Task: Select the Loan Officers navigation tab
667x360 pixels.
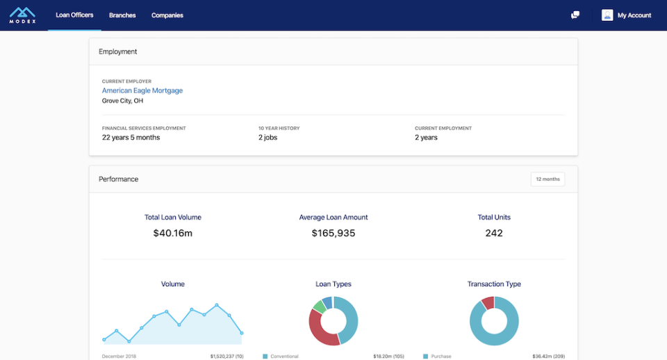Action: pyautogui.click(x=74, y=15)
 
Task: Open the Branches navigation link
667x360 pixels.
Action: pyautogui.click(x=122, y=15)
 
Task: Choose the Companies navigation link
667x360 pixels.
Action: pyautogui.click(x=167, y=15)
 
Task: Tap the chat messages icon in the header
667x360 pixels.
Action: pyautogui.click(x=575, y=15)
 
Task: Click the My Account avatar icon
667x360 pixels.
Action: pyautogui.click(x=607, y=15)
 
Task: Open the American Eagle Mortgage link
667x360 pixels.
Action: pyautogui.click(x=142, y=90)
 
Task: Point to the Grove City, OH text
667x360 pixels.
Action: pyautogui.click(x=123, y=101)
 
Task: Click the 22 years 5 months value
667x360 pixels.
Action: pyautogui.click(x=131, y=138)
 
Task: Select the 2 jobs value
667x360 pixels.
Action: pyautogui.click(x=267, y=138)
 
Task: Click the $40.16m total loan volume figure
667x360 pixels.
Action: pyautogui.click(x=173, y=234)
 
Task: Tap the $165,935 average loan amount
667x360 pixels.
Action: pyautogui.click(x=333, y=234)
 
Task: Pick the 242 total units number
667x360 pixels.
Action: pyautogui.click(x=494, y=234)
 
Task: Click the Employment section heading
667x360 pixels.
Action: pyautogui.click(x=118, y=51)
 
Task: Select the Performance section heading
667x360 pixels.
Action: pyautogui.click(x=119, y=179)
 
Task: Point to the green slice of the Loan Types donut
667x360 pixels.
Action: pyautogui.click(x=318, y=305)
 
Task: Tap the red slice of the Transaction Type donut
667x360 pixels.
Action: pyautogui.click(x=488, y=302)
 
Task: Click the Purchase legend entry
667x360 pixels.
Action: pyautogui.click(x=440, y=357)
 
